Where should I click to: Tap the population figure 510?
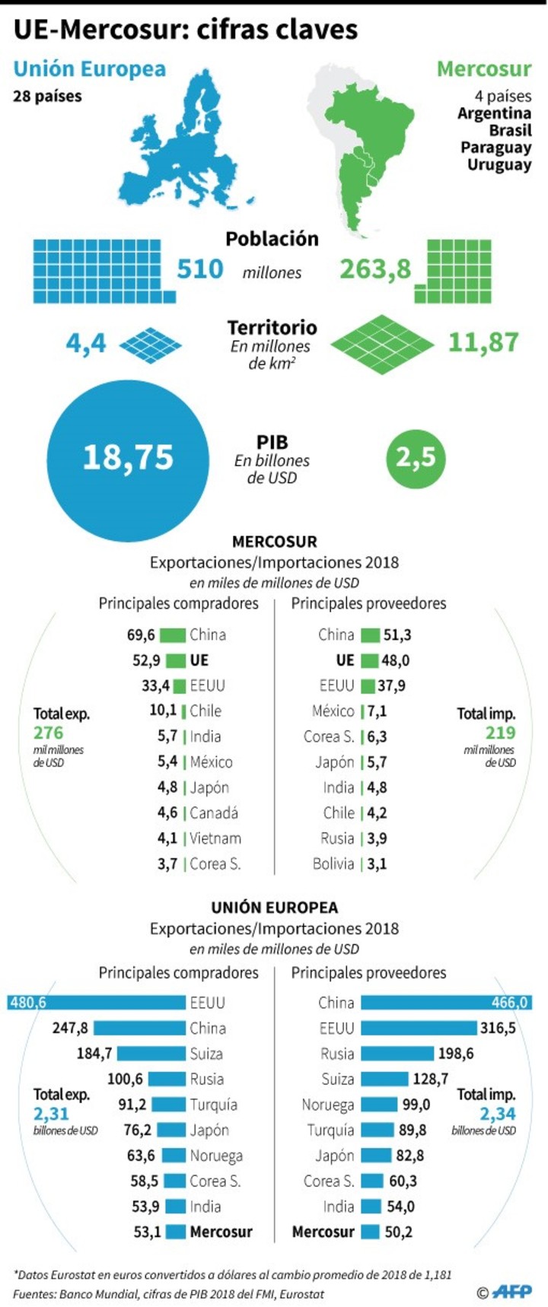click(200, 269)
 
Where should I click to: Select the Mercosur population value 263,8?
click(374, 269)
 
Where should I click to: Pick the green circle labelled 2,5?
click(416, 458)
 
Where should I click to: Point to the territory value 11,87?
click(483, 342)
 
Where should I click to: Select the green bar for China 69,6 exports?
click(173, 634)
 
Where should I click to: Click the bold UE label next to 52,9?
click(199, 660)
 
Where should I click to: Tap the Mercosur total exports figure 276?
click(49, 733)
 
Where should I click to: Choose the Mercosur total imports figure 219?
click(500, 733)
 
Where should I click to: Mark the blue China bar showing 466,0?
click(445, 1003)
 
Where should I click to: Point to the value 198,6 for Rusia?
click(456, 1054)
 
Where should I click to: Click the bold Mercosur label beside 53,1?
click(221, 1232)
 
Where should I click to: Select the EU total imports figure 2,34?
click(498, 1114)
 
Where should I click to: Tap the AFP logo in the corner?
click(511, 1292)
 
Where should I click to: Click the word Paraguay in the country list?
click(495, 148)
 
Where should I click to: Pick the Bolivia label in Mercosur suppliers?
click(333, 863)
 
